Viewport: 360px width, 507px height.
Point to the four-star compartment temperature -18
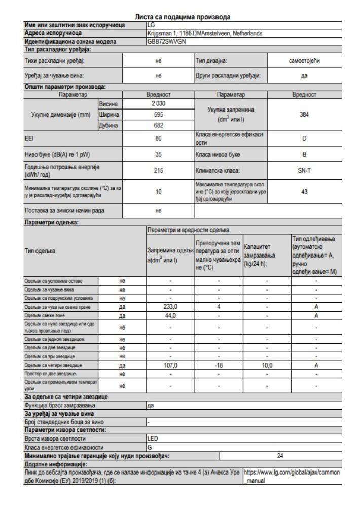(x=217, y=365)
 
